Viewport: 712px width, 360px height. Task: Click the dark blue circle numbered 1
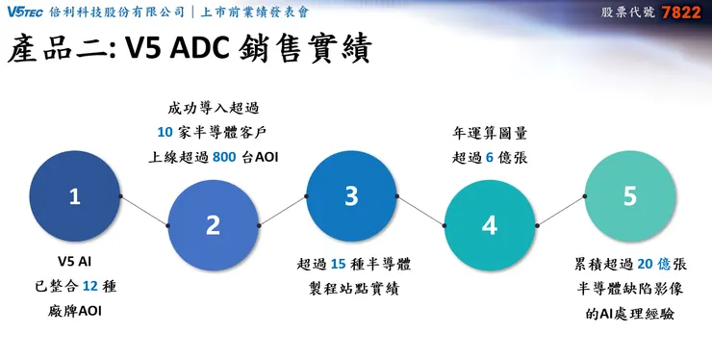point(74,196)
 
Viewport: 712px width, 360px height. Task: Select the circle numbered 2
point(213,224)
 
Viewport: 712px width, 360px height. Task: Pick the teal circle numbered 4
point(489,224)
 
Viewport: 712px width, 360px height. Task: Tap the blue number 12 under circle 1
point(91,285)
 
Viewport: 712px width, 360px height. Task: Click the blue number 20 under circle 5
point(646,263)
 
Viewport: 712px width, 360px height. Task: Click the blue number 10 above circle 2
point(165,131)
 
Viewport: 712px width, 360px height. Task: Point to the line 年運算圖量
point(489,132)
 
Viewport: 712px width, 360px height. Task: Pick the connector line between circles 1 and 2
point(144,211)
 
